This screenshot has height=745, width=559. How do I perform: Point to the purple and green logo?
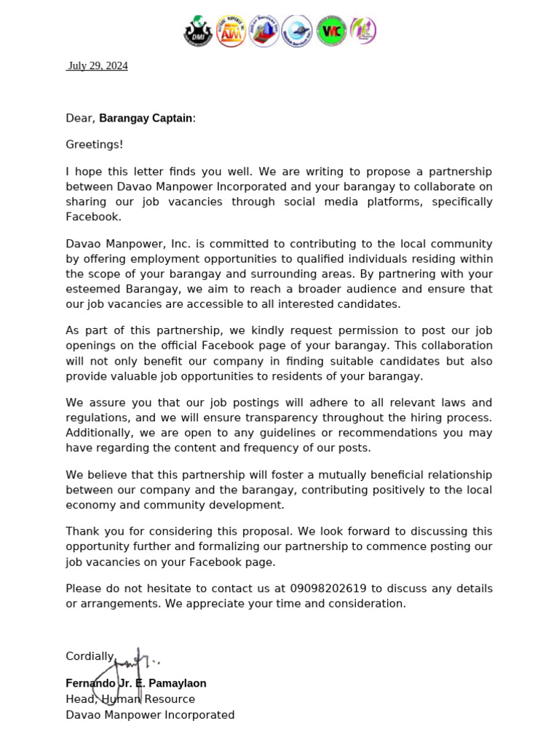point(362,31)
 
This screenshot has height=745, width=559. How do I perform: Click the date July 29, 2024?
point(98,66)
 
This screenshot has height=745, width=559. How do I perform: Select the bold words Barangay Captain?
point(146,118)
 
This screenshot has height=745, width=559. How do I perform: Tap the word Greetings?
point(95,145)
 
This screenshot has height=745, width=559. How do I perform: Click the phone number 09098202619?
point(329,589)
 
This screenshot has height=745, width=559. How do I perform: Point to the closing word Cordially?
point(91,656)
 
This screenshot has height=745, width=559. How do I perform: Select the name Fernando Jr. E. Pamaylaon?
point(136,684)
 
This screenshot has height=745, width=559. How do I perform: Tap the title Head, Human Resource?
point(130,699)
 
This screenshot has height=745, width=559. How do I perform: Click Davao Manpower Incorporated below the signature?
point(150,715)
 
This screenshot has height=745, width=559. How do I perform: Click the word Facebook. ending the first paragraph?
point(94,217)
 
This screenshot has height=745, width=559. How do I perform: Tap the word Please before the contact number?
point(84,589)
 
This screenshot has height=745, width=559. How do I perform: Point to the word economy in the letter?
point(92,505)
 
